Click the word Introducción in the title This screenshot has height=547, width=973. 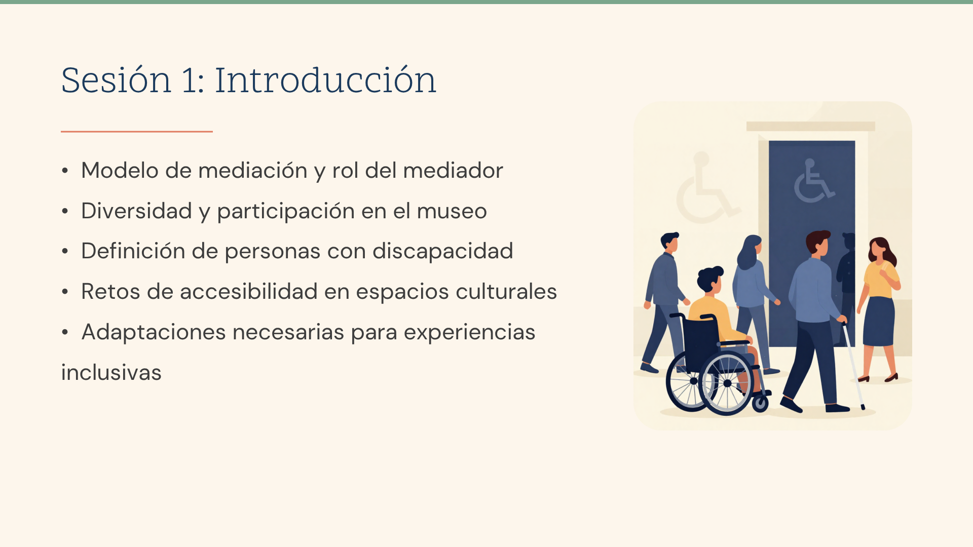point(325,80)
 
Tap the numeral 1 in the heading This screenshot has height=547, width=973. point(190,80)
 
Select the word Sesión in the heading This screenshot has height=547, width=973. point(116,80)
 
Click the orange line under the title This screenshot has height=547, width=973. point(137,132)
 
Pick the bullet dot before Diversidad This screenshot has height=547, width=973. point(65,211)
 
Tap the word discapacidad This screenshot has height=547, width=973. point(443,251)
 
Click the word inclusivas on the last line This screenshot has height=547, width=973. point(111,373)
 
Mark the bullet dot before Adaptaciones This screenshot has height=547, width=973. point(65,332)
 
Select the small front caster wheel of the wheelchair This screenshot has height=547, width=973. point(760,403)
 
